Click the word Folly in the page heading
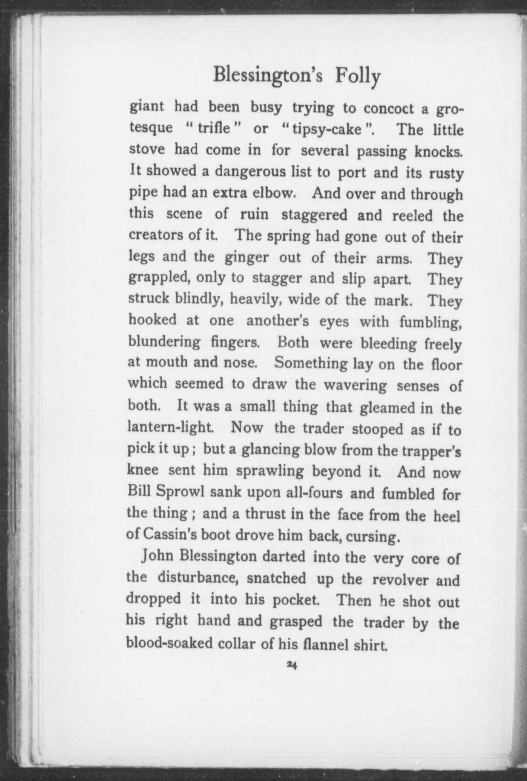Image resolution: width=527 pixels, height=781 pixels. (x=357, y=76)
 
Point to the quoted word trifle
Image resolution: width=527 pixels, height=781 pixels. (x=214, y=128)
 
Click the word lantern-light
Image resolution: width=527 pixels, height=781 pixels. (x=170, y=427)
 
